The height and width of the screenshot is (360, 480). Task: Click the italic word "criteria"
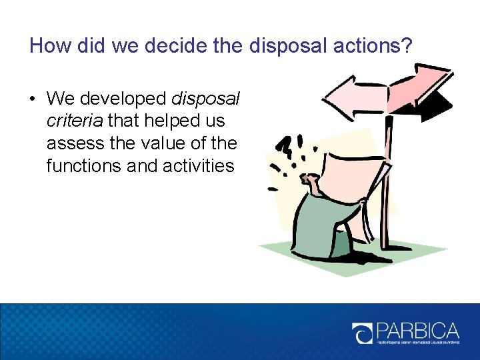[x=75, y=121]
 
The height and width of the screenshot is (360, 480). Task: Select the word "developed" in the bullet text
[x=123, y=99]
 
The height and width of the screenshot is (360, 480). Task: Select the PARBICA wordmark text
[x=417, y=331]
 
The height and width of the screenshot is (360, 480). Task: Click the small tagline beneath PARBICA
[x=417, y=345]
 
